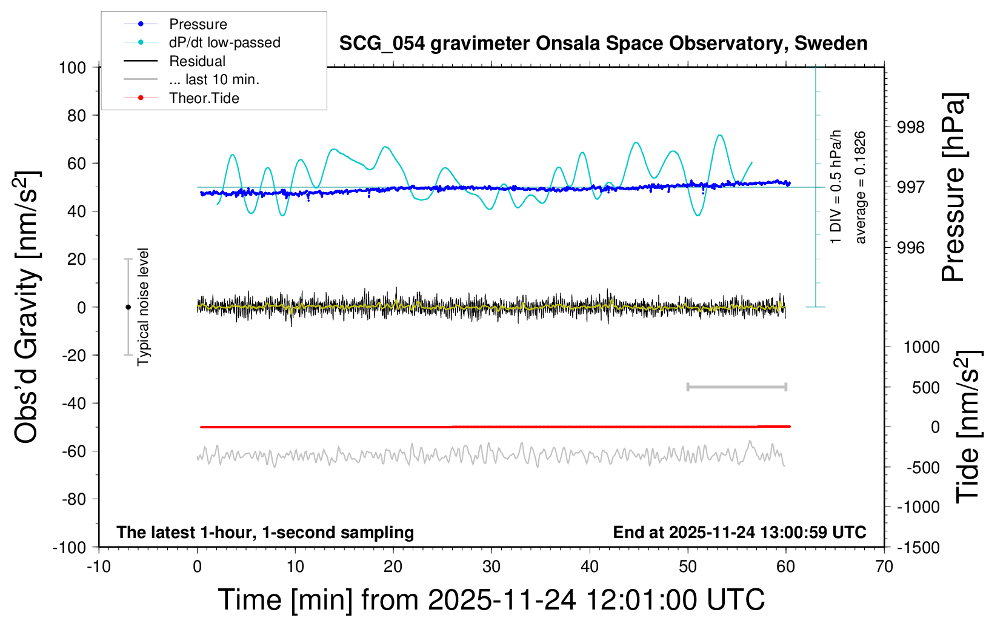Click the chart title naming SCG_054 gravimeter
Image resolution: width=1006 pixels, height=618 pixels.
tap(603, 44)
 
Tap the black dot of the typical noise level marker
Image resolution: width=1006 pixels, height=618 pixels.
tap(128, 307)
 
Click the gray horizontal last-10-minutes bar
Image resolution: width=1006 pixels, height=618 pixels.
tap(737, 387)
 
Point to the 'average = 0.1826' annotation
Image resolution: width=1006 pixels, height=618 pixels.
tap(860, 187)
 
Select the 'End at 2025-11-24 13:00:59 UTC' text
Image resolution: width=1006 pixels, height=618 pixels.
tap(740, 532)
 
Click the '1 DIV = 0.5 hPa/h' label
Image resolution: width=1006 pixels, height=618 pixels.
tap(835, 187)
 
